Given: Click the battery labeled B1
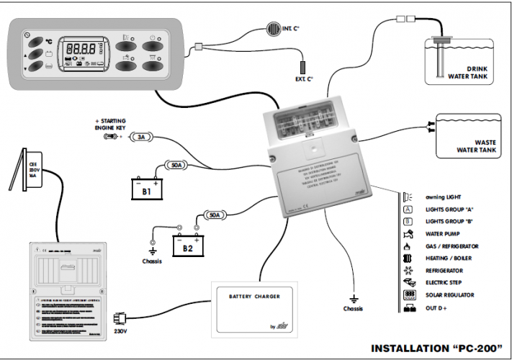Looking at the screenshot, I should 148,188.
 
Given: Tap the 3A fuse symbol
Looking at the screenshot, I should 141,136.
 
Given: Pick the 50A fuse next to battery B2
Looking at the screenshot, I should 213,215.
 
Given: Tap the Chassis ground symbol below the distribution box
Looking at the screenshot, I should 354,300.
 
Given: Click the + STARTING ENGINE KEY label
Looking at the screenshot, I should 112,124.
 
